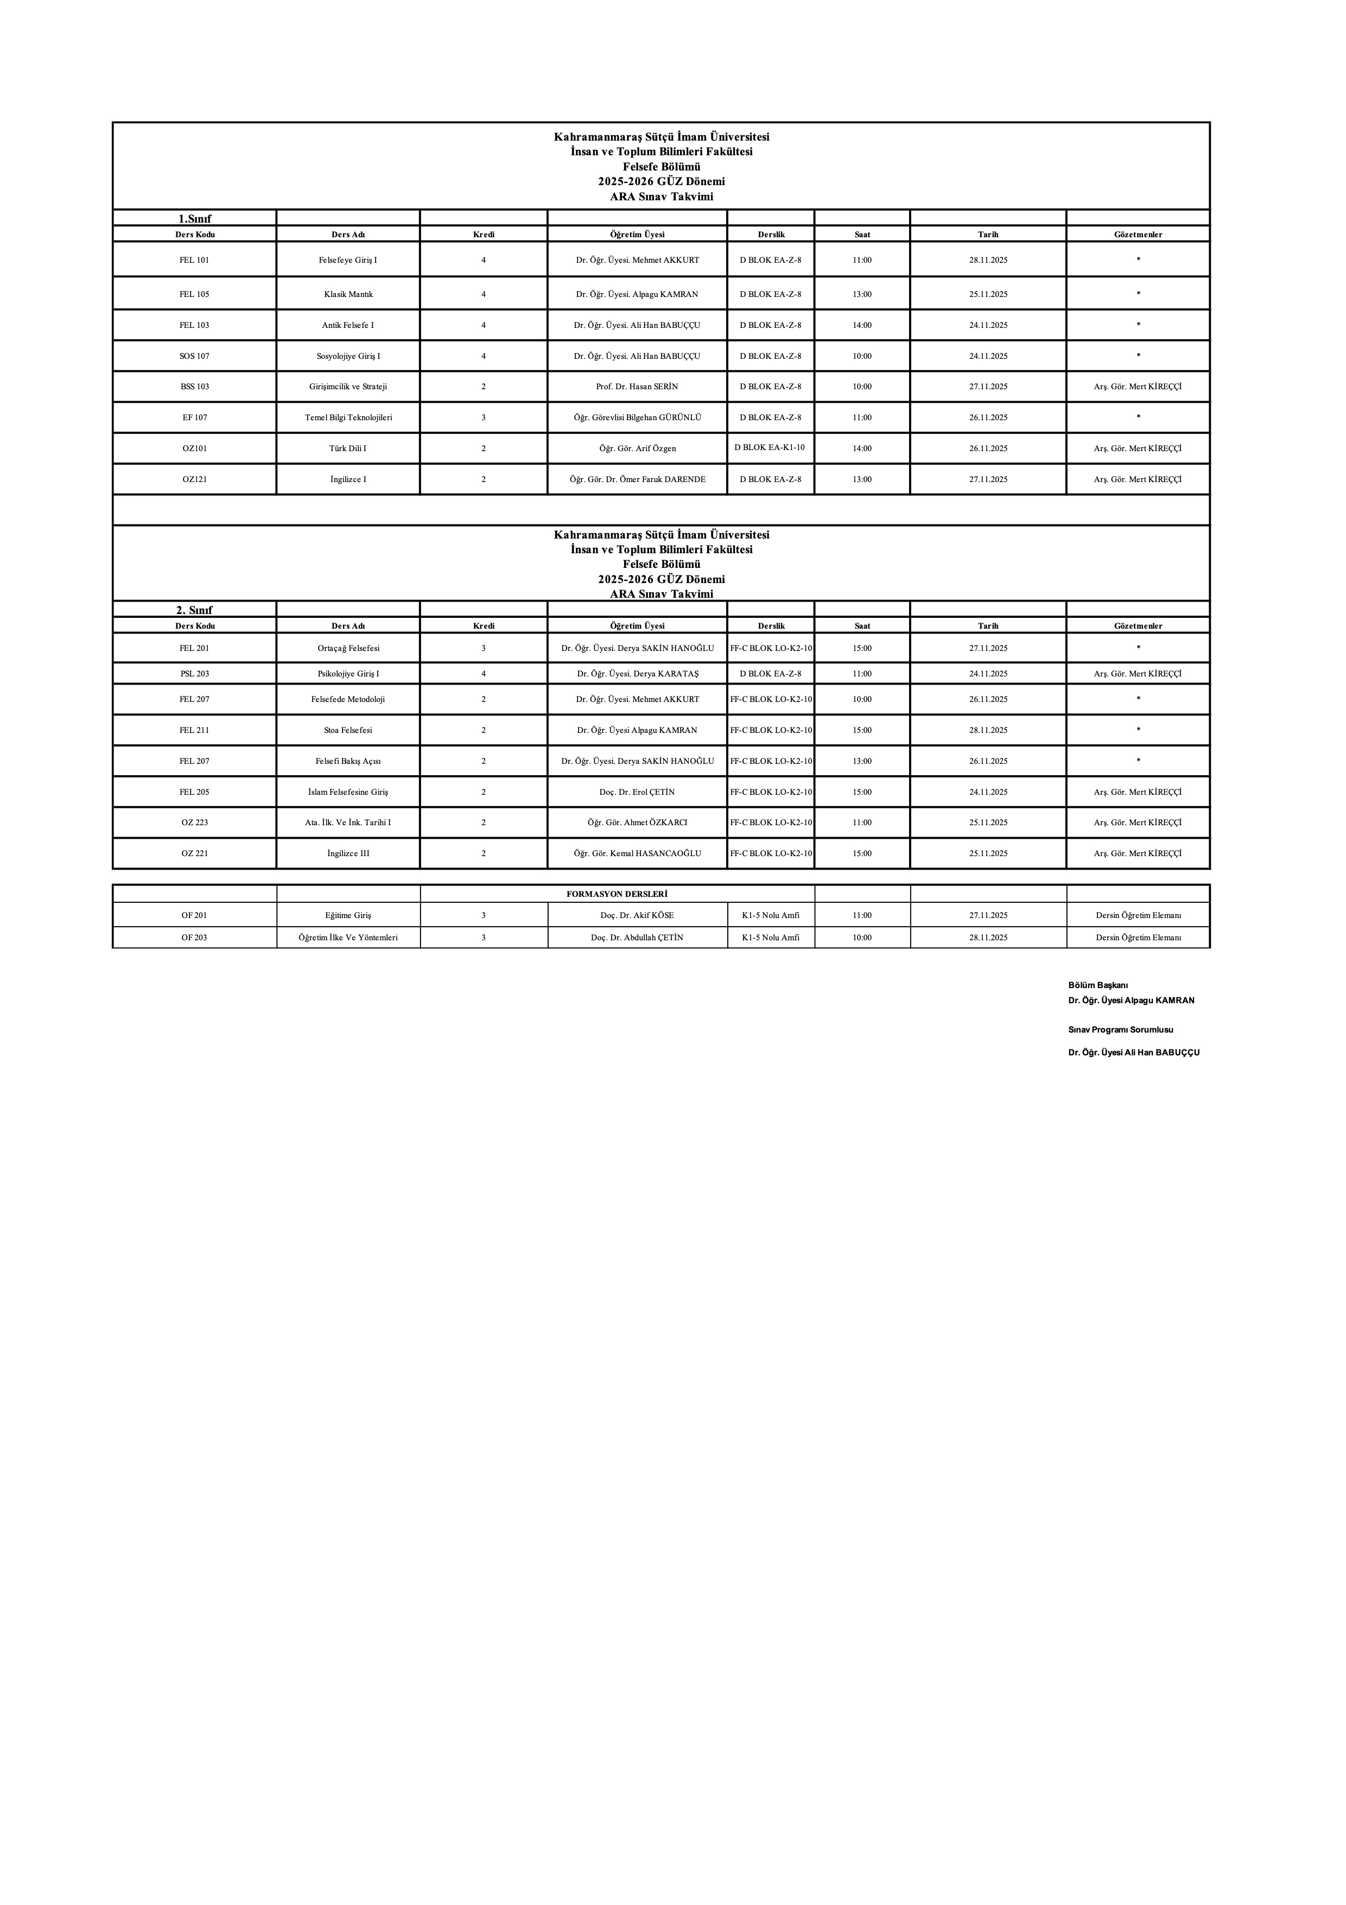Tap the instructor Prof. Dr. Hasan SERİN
(x=637, y=387)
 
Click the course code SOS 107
(x=194, y=357)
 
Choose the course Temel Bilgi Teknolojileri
(x=348, y=418)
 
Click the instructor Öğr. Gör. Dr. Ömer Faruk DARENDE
(x=637, y=479)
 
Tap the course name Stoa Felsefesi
(x=348, y=731)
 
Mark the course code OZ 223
(x=194, y=823)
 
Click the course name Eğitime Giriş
(x=348, y=916)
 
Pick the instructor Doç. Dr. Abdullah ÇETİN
(x=637, y=938)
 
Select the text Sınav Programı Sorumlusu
(x=1120, y=1030)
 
